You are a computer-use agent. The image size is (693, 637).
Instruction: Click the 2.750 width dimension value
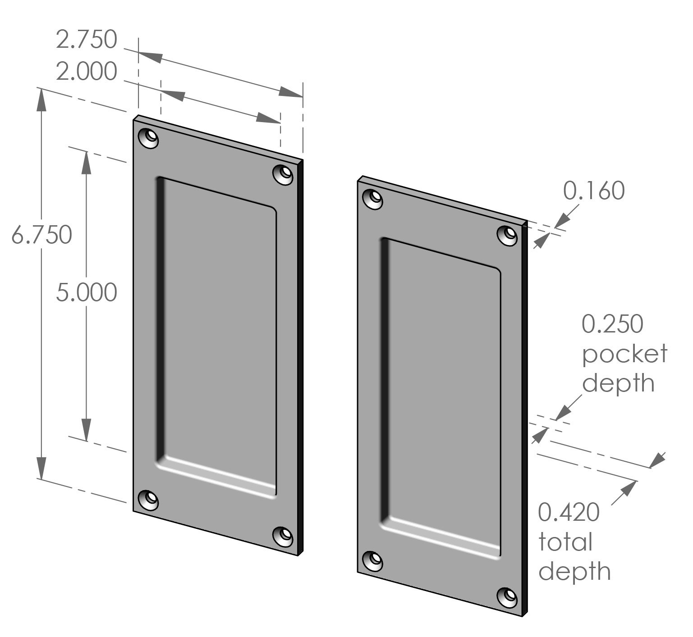point(87,40)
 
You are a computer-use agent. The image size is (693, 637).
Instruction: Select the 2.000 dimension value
point(87,72)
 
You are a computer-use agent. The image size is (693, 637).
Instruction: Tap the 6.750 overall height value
point(41,235)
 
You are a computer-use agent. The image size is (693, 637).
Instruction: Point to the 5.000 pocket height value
point(87,293)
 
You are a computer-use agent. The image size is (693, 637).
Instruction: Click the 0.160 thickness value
point(594,191)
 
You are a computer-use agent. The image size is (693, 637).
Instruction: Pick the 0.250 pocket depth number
point(612,324)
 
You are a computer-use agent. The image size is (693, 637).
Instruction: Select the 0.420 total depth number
point(569,512)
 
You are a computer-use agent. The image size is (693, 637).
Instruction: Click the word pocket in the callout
point(624,354)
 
